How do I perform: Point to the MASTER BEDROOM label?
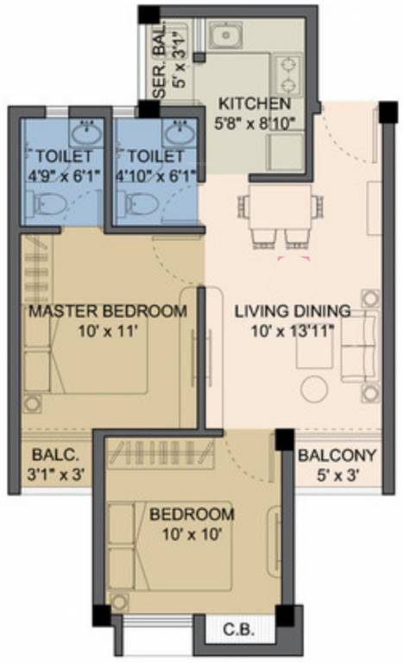click(108, 311)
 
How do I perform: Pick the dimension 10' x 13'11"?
click(293, 330)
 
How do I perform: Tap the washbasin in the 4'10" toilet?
click(179, 134)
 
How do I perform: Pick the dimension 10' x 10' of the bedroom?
click(192, 534)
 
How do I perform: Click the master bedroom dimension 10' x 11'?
click(108, 330)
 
